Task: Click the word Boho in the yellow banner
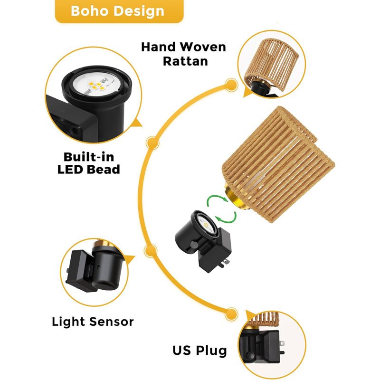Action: [x=89, y=11]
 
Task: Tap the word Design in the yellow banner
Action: [x=139, y=11]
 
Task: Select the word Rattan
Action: [x=185, y=61]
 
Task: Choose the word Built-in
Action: [x=89, y=157]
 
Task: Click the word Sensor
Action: [x=112, y=322]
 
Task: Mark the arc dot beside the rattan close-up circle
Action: [x=231, y=85]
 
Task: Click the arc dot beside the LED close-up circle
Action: [x=152, y=143]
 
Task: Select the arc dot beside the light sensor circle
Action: [x=151, y=251]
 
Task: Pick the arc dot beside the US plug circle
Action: [x=231, y=314]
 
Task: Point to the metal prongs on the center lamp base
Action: [x=224, y=264]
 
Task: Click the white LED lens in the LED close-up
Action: [x=97, y=84]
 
